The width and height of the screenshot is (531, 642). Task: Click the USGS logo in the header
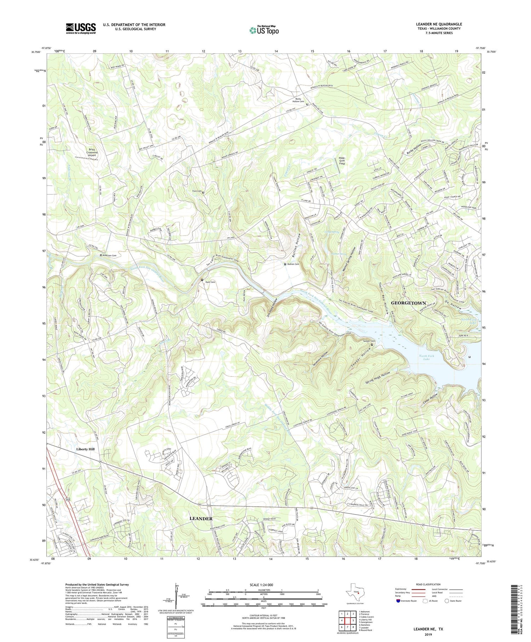coord(81,28)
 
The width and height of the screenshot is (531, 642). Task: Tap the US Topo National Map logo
coord(264,30)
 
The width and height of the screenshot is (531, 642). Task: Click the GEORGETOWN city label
coord(408,303)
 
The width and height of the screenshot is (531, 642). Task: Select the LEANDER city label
coord(201,518)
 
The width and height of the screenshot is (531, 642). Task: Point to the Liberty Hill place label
coord(85,449)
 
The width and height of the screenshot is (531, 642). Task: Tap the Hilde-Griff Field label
coord(342,161)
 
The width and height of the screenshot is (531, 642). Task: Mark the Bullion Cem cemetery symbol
coord(285,264)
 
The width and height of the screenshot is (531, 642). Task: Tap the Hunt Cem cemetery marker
coord(202,280)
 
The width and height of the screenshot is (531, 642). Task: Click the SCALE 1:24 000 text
coord(264,585)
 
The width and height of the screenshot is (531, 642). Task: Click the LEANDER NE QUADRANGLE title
coord(439,24)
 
